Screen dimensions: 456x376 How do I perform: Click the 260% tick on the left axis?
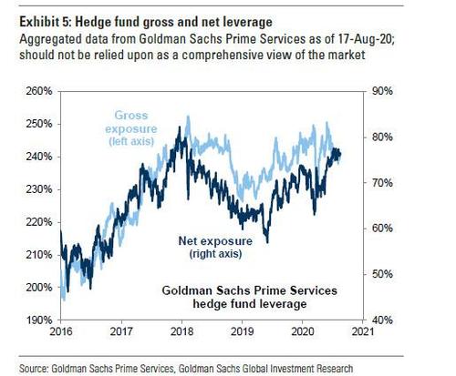coord(39,91)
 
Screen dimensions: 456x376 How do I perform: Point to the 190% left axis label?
coord(39,320)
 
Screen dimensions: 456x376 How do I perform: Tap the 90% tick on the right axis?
coord(382,91)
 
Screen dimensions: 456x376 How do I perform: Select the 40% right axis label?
coord(382,320)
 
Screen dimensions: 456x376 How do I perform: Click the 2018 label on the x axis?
coord(181,331)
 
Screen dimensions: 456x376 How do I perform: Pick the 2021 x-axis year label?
coord(363,331)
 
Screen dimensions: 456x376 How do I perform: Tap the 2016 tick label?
coord(61,331)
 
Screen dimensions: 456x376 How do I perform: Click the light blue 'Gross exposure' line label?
coord(131,122)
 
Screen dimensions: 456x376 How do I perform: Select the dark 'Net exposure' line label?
coord(215,241)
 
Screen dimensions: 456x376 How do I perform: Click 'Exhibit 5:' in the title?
coord(46,22)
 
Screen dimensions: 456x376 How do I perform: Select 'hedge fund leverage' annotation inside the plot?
coord(250,304)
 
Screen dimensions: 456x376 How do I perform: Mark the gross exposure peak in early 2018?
coord(188,117)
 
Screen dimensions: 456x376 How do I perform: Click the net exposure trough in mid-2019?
coord(267,242)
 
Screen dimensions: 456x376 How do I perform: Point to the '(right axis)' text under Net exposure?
coord(215,254)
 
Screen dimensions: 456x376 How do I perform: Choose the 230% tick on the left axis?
coord(39,189)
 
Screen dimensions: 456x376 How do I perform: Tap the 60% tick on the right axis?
coord(382,229)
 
